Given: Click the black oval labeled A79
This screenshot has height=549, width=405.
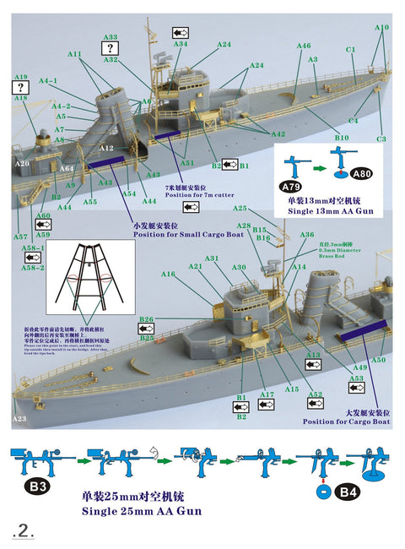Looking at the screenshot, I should click(290, 186).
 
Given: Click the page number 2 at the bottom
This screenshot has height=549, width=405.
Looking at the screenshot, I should click(24, 530).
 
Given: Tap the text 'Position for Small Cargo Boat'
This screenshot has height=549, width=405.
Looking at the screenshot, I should click(127, 236).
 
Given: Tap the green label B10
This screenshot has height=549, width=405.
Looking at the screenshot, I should click(341, 136).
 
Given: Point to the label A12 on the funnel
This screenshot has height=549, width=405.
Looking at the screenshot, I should click(106, 148).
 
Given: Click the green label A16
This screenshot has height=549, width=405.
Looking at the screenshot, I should click(168, 274).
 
